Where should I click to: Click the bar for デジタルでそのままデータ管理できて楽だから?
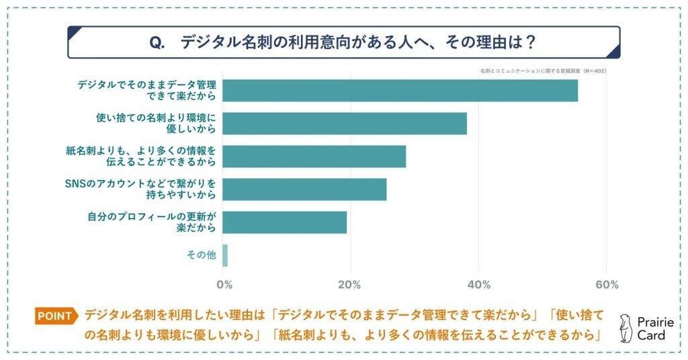[x=400, y=91]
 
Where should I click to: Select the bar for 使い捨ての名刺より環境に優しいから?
[x=344, y=124]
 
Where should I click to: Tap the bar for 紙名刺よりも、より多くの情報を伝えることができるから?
[x=314, y=156]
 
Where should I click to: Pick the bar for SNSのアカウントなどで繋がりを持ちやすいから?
[x=304, y=189]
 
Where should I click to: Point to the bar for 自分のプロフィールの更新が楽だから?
[x=284, y=222]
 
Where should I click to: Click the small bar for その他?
[x=225, y=255]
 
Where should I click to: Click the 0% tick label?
[x=225, y=284]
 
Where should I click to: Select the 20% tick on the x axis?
[x=350, y=284]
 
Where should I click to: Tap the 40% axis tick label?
[x=478, y=284]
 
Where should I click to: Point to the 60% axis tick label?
[x=607, y=284]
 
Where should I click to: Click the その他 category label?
[x=200, y=255]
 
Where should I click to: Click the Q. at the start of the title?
[x=157, y=42]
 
